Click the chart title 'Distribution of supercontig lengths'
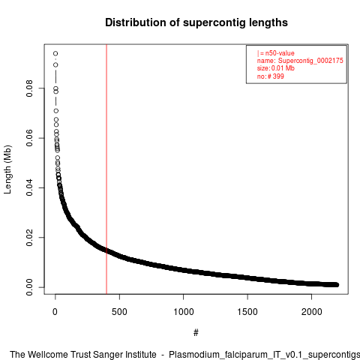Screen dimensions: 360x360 pos(196,22)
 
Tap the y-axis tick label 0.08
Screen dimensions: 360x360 pos(29,88)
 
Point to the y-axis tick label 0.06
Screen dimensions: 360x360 pos(29,138)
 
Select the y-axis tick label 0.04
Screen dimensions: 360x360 pos(29,187)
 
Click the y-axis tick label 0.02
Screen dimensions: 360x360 pos(29,238)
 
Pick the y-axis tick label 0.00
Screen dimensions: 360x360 pos(29,287)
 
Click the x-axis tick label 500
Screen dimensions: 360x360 pos(119,312)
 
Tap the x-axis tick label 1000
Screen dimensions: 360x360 pos(184,312)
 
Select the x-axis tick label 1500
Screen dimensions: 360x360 pos(247,312)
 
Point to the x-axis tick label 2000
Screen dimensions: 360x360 pos(311,312)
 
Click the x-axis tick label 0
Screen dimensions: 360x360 pos(55,312)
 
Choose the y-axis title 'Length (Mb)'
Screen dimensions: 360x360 pos(7,169)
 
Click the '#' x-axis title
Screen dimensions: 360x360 pos(196,333)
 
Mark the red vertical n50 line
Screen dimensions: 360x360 pos(106,169)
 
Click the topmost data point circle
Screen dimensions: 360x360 pos(55,53)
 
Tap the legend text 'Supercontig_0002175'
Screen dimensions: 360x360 pos(310,61)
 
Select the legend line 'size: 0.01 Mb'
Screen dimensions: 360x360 pos(276,68)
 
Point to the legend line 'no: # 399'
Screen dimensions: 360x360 pos(271,76)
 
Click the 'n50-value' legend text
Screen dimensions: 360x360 pos(280,53)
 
